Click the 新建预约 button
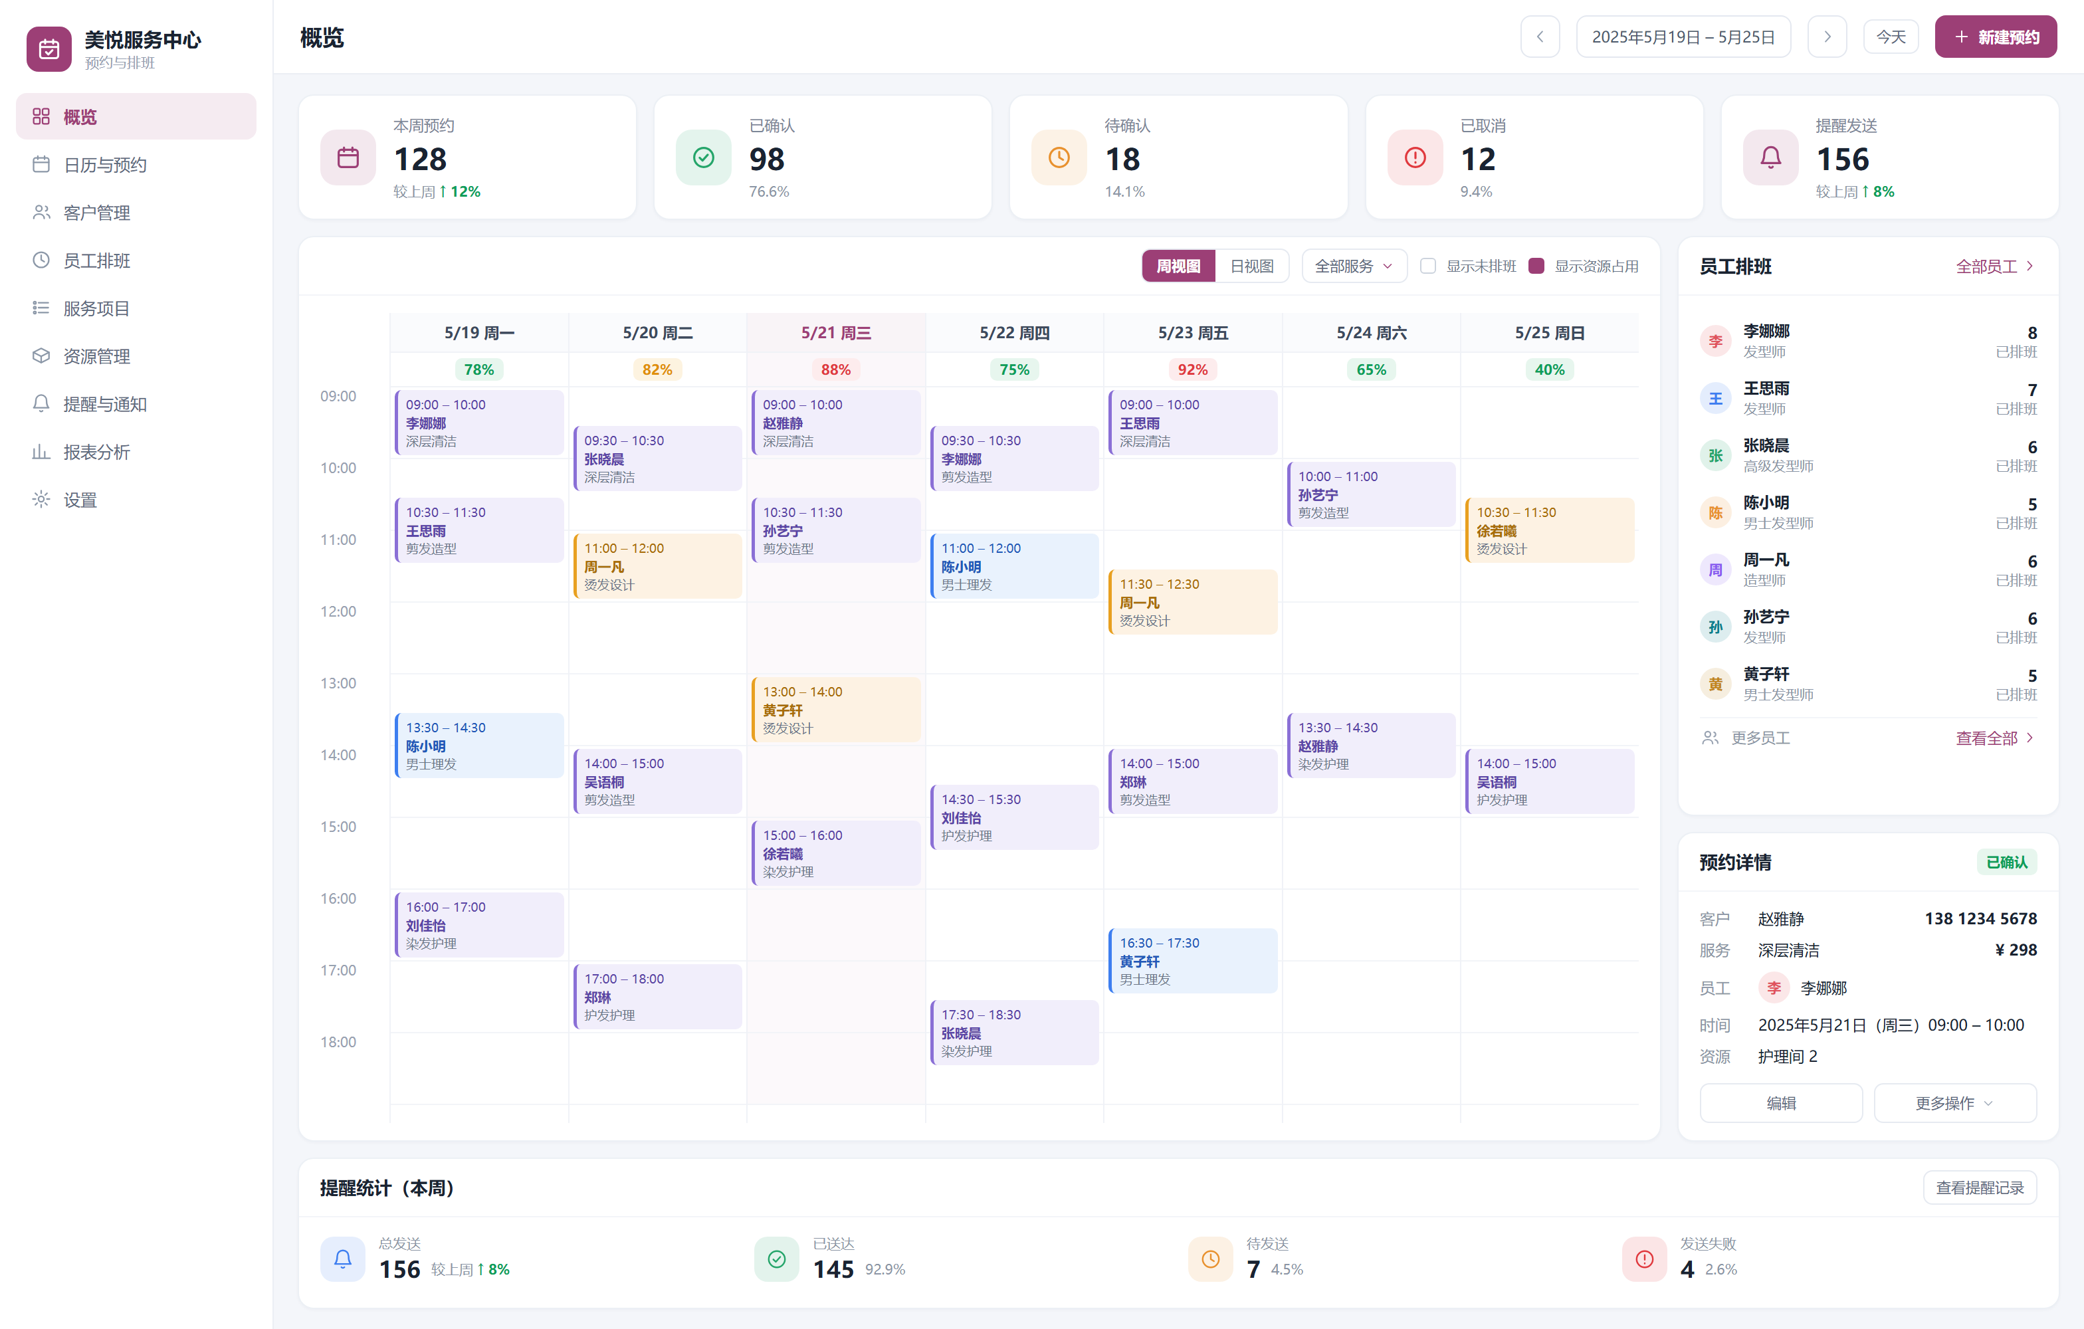(x=1995, y=37)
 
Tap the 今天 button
(x=1891, y=37)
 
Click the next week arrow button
(x=1827, y=37)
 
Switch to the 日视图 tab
(x=1251, y=266)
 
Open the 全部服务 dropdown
(x=1354, y=266)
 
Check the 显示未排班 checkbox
(x=1428, y=266)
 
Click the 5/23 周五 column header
(x=1193, y=333)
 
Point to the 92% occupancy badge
(x=1193, y=369)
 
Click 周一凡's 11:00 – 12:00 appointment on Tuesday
(x=658, y=566)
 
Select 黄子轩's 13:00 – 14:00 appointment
(x=836, y=710)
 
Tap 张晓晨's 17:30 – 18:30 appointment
(x=1014, y=1032)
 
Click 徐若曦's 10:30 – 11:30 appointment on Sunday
(x=1550, y=530)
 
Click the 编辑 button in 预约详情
(x=1781, y=1103)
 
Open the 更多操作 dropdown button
(x=1955, y=1103)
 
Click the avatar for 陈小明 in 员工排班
(x=1715, y=513)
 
